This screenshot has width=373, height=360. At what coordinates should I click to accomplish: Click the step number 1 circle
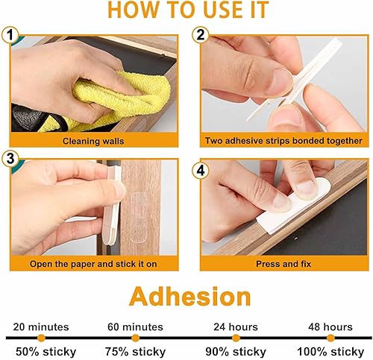(x=10, y=35)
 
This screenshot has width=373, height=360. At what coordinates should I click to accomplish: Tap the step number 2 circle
(x=201, y=35)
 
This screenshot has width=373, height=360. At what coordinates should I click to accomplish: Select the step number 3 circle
(x=10, y=159)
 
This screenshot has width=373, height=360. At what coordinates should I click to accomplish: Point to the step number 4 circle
(x=201, y=171)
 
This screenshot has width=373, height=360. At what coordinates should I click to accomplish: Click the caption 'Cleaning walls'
(x=93, y=141)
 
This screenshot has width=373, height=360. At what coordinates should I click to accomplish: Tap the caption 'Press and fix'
(x=283, y=264)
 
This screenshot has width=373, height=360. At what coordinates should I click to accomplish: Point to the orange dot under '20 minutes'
(x=41, y=338)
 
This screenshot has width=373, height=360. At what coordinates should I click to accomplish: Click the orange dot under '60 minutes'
(x=135, y=338)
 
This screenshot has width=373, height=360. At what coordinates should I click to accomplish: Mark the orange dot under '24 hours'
(x=236, y=338)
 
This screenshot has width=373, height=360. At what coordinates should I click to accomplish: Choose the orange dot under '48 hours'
(x=330, y=338)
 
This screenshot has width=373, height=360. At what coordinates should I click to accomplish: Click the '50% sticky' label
(x=46, y=352)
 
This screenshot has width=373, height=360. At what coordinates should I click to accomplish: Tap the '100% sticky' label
(x=330, y=352)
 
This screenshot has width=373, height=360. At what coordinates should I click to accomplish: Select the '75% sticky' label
(x=135, y=352)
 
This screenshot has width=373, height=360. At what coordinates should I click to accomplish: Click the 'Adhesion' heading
(x=190, y=297)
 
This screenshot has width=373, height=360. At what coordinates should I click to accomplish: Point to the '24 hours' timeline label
(x=236, y=326)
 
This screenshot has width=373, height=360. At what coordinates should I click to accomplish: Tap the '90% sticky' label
(x=236, y=352)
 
